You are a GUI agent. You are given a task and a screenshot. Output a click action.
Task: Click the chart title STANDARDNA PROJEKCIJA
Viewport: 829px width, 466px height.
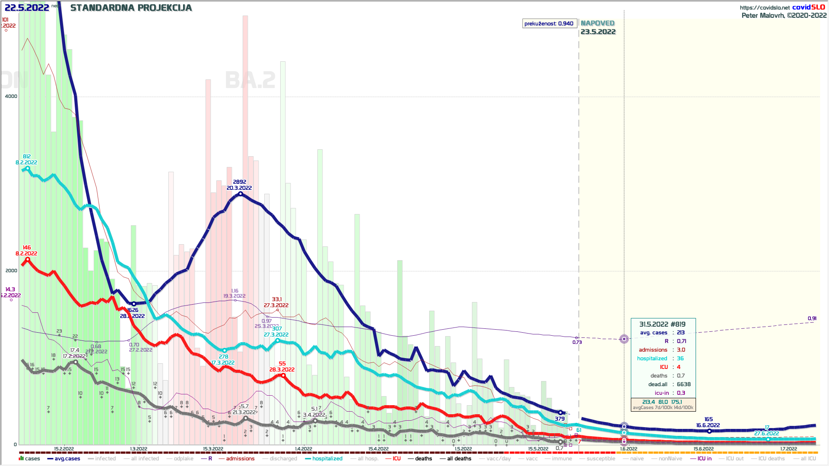point(131,8)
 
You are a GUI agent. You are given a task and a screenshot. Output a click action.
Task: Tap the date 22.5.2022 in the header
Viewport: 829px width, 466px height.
point(27,8)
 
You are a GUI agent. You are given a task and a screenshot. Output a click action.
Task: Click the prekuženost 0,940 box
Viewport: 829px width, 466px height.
point(549,24)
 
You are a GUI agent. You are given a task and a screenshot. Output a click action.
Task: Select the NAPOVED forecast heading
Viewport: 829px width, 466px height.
point(598,23)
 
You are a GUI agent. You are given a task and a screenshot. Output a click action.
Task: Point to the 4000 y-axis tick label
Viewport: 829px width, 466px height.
point(11,96)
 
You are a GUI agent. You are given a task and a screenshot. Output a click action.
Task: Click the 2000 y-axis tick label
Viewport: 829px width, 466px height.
point(11,271)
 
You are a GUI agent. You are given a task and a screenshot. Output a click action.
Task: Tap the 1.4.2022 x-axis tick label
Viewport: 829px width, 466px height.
point(304,449)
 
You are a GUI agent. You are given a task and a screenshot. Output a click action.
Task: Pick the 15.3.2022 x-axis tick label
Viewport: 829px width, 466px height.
point(213,449)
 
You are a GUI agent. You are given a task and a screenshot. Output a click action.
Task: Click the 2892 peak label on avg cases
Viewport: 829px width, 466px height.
point(240,182)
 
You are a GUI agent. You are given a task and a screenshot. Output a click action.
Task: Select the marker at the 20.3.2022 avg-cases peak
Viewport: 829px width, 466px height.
point(240,194)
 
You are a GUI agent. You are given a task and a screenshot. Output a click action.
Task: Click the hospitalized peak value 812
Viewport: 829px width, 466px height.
point(27,157)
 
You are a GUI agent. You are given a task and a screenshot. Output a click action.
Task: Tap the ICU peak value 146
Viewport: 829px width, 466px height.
point(27,248)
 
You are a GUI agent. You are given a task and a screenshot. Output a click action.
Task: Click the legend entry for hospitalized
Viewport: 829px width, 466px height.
point(327,459)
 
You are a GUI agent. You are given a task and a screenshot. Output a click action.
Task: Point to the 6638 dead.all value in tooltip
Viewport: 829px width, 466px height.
point(683,384)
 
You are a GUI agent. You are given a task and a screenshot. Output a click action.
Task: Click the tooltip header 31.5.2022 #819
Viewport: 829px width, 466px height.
point(662,324)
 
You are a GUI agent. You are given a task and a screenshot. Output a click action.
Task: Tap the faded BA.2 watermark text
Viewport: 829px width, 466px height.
point(250,80)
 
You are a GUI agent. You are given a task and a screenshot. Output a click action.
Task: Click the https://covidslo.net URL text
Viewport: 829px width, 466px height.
point(765,7)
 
